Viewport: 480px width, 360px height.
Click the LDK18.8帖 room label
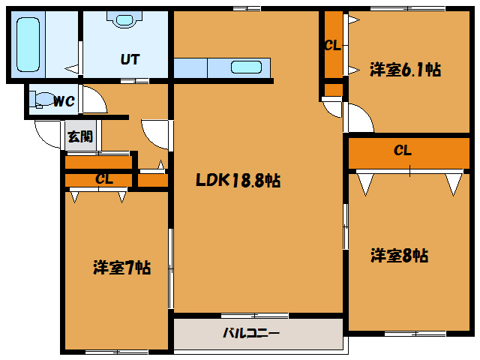pos(238,181)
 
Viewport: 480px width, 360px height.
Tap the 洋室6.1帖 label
pos(404,70)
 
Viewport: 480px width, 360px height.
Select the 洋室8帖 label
pos(399,256)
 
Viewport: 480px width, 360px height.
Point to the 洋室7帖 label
pos(121,267)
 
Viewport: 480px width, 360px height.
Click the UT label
pos(130,60)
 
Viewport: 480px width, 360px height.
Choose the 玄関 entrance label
pos(80,136)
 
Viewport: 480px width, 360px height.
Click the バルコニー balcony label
pos(251,333)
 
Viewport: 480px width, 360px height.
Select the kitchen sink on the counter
pos(246,67)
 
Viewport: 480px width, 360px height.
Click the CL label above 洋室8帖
pos(403,151)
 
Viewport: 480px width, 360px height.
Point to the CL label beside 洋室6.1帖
pos(332,45)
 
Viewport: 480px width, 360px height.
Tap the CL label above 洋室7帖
pos(104,179)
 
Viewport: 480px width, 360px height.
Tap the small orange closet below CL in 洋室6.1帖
pos(334,91)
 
